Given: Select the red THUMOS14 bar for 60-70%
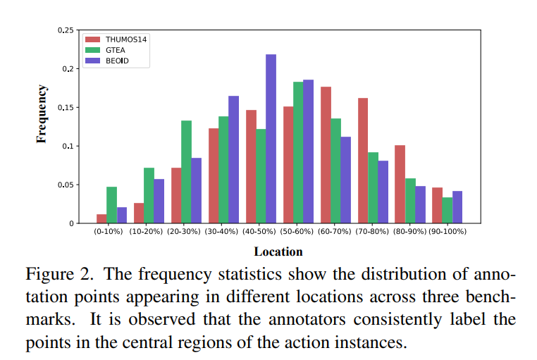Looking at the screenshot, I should [326, 155].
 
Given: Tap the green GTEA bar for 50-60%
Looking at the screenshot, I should [298, 153].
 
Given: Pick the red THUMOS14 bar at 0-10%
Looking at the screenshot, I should [102, 219].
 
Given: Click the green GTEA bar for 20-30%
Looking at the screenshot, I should [186, 172].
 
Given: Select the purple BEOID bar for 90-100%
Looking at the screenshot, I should [457, 207].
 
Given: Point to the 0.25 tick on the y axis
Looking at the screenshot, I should [66, 30].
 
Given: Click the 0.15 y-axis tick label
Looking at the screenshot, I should [66, 108].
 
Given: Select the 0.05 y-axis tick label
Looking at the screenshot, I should [66, 185].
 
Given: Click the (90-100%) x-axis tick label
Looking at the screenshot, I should [447, 231].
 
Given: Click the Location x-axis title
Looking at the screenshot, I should [278, 252].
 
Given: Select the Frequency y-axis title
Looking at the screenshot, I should [42, 113].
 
